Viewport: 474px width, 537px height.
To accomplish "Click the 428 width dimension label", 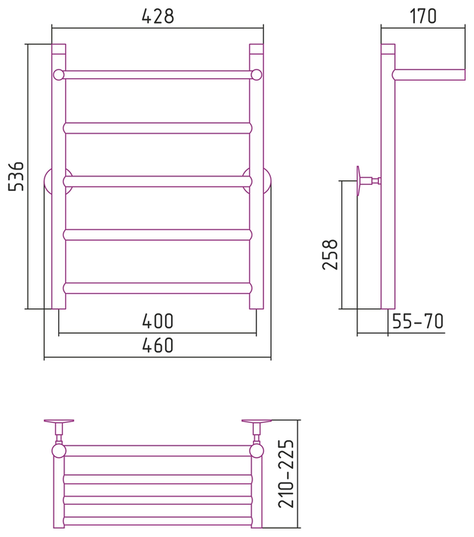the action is pyautogui.click(x=157, y=16).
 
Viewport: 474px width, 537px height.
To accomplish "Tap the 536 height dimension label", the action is pyautogui.click(x=16, y=176).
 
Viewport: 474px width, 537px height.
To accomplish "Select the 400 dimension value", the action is pyautogui.click(x=157, y=321).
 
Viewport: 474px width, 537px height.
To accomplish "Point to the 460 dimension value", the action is pyautogui.click(x=157, y=345).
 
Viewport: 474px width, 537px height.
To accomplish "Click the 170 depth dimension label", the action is pyautogui.click(x=423, y=16).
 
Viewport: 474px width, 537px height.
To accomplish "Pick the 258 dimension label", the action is pyautogui.click(x=330, y=255).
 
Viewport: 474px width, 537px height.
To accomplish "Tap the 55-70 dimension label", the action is pyautogui.click(x=418, y=321).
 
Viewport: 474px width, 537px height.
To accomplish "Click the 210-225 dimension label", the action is pyautogui.click(x=286, y=473).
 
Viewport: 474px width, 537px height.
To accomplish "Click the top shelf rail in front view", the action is pyautogui.click(x=157, y=75).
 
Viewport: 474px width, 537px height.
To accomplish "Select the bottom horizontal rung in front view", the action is pyautogui.click(x=157, y=288).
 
